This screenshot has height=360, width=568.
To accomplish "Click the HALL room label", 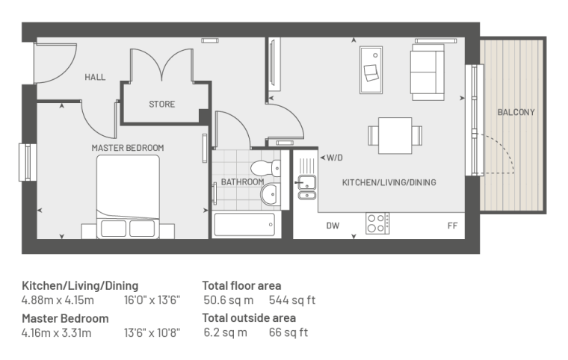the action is [x=95, y=77].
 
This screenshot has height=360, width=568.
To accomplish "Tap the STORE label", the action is [x=162, y=105].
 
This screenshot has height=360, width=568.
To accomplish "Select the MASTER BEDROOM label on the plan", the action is [x=128, y=148].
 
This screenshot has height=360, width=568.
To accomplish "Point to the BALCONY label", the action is [x=516, y=112].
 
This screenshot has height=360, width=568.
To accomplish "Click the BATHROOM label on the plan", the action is [x=242, y=181].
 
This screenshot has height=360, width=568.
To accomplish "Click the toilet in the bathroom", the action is [x=265, y=168].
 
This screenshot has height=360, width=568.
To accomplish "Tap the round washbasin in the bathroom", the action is [x=271, y=193].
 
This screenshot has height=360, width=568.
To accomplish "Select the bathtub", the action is [x=244, y=225].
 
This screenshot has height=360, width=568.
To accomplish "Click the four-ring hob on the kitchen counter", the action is [x=377, y=223].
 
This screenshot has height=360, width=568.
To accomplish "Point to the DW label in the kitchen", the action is [x=333, y=226].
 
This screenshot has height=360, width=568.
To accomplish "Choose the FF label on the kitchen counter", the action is [x=452, y=226].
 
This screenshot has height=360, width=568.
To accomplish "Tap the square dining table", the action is [x=395, y=135].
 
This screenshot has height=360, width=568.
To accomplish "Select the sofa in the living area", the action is [x=427, y=72].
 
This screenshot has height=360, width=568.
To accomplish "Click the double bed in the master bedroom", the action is [x=128, y=197].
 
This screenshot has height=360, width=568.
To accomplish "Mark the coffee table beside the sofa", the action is [x=371, y=70].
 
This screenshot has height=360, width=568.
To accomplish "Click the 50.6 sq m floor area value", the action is [x=229, y=300].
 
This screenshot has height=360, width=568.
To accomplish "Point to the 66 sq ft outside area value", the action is [x=288, y=332].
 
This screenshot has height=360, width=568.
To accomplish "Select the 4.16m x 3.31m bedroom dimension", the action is [x=57, y=332].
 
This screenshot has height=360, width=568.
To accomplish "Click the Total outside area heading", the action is [x=249, y=317].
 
